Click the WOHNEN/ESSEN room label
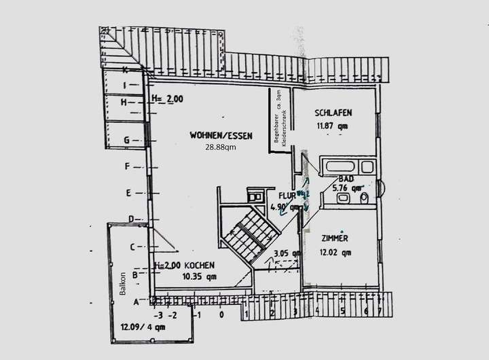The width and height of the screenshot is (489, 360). point(221,136)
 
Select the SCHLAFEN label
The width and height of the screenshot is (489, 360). point(333,113)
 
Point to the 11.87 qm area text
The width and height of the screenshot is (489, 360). point(332,125)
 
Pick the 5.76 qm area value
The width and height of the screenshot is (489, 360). point(351,187)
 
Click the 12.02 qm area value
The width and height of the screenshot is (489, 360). point(336,253)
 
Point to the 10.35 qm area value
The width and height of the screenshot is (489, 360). point(200,276)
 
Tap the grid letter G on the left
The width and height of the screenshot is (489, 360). point(127,140)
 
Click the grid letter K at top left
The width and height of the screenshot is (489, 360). point(125,69)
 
